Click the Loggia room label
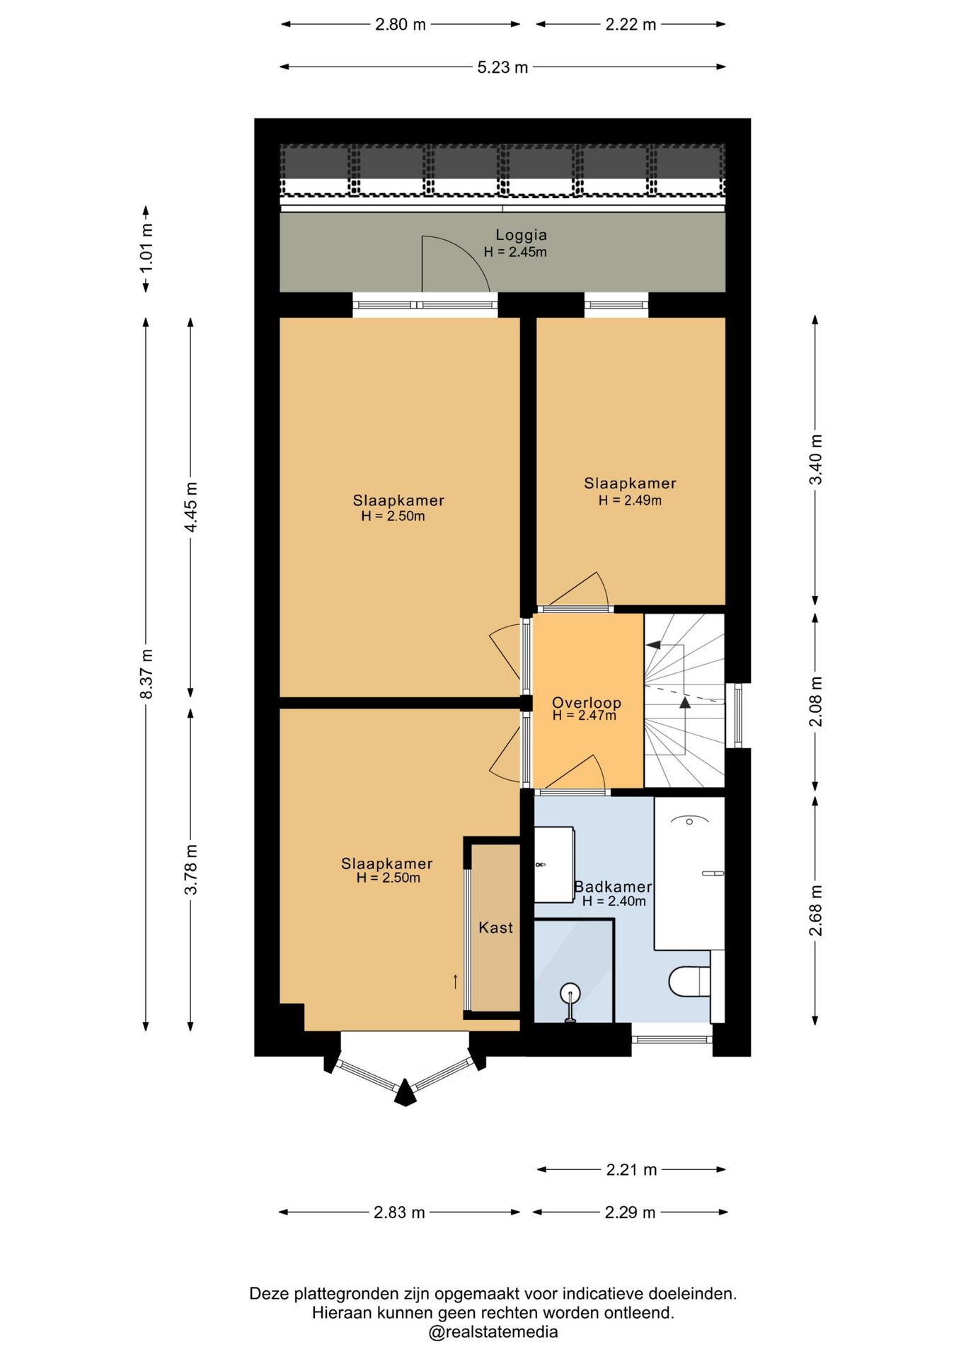click(x=521, y=235)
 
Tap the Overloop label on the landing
click(x=586, y=703)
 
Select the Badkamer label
click(x=613, y=886)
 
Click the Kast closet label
click(x=495, y=927)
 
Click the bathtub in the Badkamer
click(x=689, y=873)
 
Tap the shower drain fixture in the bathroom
click(x=570, y=999)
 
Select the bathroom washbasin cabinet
click(x=553, y=864)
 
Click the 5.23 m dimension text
click(x=502, y=67)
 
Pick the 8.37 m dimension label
click(x=146, y=673)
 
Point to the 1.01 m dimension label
click(x=146, y=248)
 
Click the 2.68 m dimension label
click(x=816, y=910)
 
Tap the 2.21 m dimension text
click(x=631, y=1170)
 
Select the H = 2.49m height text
click(x=630, y=500)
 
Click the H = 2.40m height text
click(x=614, y=901)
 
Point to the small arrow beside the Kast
click(x=455, y=981)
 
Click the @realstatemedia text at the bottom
click(x=493, y=1332)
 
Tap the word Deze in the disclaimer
click(x=270, y=1294)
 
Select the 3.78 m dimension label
click(x=190, y=869)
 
